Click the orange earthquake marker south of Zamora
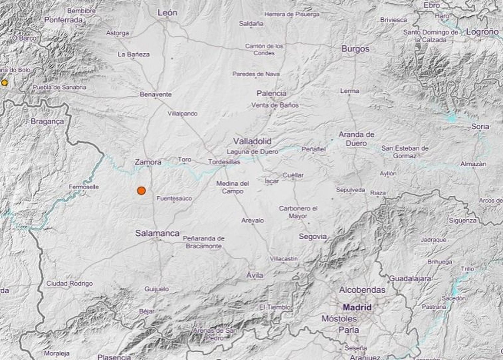pyautogui.click(x=141, y=190)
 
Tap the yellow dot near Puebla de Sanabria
pyautogui.click(x=4, y=83)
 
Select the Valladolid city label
pyautogui.click(x=252, y=141)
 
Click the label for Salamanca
pyautogui.click(x=157, y=233)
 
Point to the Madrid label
pyautogui.click(x=357, y=307)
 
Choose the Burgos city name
pyautogui.click(x=355, y=49)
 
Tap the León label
pyautogui.click(x=167, y=13)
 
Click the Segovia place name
pyautogui.click(x=312, y=237)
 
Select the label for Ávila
pyautogui.click(x=255, y=275)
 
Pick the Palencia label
pyautogui.click(x=271, y=93)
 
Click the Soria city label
pyautogui.click(x=480, y=126)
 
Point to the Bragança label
pyautogui.click(x=47, y=122)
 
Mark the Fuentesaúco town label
pyautogui.click(x=174, y=199)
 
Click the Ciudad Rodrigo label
pyautogui.click(x=69, y=283)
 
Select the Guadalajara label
pyautogui.click(x=410, y=278)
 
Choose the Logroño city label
pyautogui.click(x=482, y=32)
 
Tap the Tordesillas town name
pyautogui.click(x=224, y=162)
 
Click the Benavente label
pyautogui.click(x=156, y=94)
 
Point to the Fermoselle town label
pyautogui.click(x=84, y=187)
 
